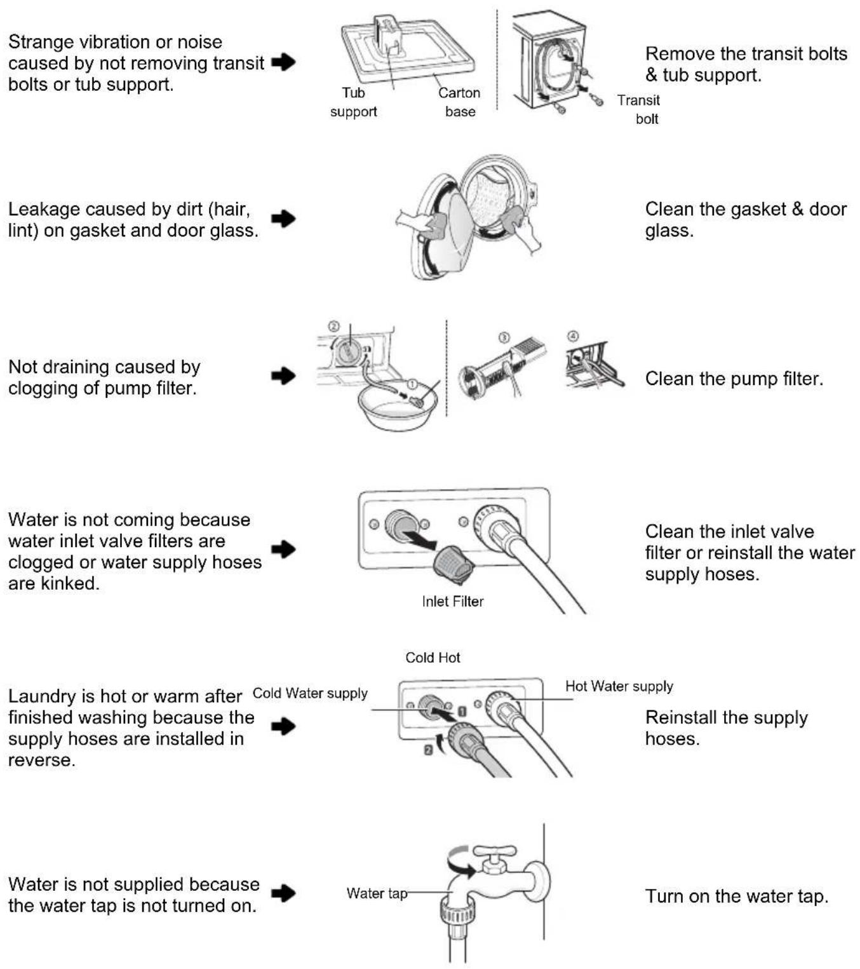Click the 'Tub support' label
click(x=353, y=102)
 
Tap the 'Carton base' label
click(x=459, y=102)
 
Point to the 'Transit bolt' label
click(x=638, y=109)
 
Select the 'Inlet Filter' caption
click(x=453, y=601)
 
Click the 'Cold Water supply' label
click(x=310, y=693)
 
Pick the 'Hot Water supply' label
click(x=619, y=686)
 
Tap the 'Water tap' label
click(x=377, y=893)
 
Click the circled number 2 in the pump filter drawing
click(x=333, y=327)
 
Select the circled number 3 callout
click(x=504, y=337)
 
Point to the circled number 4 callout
click(x=573, y=336)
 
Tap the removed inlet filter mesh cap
click(x=453, y=564)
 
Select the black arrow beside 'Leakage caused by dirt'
click(x=283, y=219)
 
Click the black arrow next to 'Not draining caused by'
click(x=283, y=376)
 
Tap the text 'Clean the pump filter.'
click(x=734, y=378)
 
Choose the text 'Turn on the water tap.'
click(x=737, y=896)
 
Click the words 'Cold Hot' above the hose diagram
click(x=433, y=658)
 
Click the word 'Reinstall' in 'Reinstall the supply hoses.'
click(x=682, y=717)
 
